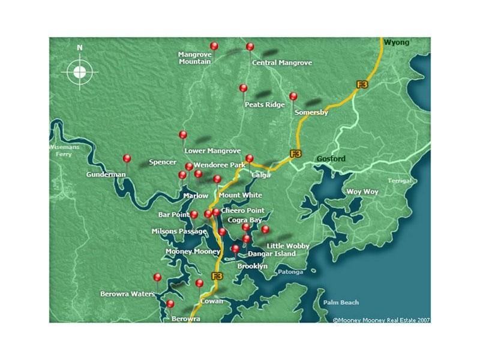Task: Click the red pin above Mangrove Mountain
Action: point(214,46)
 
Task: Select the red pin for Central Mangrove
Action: point(250,47)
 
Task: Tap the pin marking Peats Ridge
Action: point(243,88)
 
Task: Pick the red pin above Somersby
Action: point(293,96)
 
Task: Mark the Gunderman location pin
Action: point(127,158)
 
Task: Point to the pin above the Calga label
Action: point(250,159)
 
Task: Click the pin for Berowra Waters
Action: point(157,277)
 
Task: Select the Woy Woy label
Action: point(362,192)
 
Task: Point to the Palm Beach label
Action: point(341,302)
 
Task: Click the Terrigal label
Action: point(400,181)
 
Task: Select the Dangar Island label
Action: point(272,254)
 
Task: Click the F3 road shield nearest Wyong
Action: point(362,85)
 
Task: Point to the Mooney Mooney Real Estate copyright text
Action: point(381,320)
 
